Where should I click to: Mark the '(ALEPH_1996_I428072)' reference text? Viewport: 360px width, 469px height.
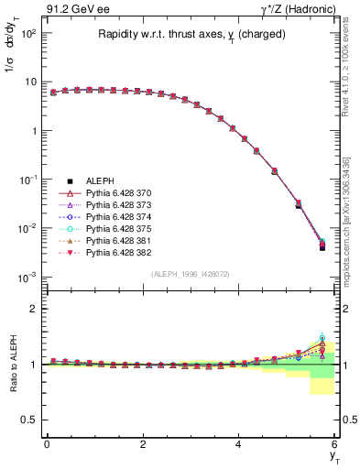pos(189,274)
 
